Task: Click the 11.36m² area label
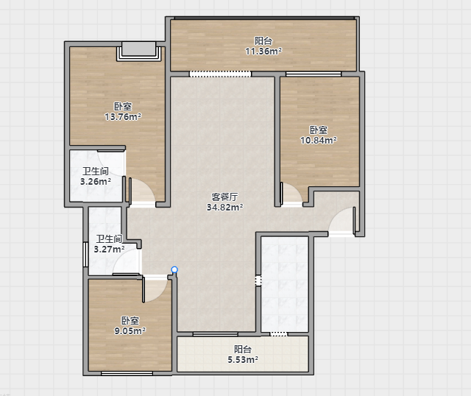[x=263, y=52]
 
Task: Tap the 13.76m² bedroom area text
[x=123, y=116]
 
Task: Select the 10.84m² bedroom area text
[x=319, y=140]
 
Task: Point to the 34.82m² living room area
[x=224, y=207]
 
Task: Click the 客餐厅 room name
[x=224, y=197]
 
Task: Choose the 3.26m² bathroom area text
[x=96, y=182]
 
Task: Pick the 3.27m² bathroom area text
[x=110, y=249]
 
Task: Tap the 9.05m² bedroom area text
[x=130, y=330]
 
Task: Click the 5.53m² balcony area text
[x=243, y=359]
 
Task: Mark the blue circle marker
[x=174, y=269]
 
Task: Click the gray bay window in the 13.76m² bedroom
[x=139, y=51]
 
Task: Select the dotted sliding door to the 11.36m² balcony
[x=220, y=74]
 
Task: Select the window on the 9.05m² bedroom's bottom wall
[x=127, y=373]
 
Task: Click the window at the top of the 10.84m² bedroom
[x=314, y=74]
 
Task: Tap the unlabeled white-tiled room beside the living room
[x=285, y=284]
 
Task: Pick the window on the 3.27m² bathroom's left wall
[x=85, y=255]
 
